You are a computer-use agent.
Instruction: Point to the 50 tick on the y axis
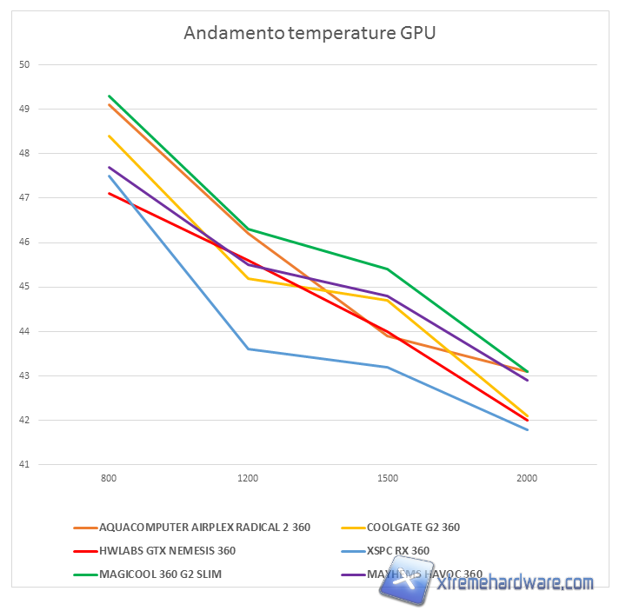[24, 64]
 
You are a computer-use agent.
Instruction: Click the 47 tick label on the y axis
[24, 198]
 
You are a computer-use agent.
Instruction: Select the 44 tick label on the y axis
[24, 331]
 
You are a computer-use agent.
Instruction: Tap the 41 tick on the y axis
[24, 465]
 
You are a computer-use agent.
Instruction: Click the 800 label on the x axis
[109, 479]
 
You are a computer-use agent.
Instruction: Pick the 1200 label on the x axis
[248, 479]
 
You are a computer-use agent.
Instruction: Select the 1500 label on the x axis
[388, 479]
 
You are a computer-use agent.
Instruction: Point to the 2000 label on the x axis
[527, 479]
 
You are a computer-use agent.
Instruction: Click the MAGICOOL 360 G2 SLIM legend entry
[166, 574]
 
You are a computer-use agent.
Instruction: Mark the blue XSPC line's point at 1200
[249, 349]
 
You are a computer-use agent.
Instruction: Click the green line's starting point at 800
[109, 96]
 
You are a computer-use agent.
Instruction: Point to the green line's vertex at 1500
[388, 269]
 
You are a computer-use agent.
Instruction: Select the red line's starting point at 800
[109, 193]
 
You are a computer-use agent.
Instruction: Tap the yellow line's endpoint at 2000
[527, 415]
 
